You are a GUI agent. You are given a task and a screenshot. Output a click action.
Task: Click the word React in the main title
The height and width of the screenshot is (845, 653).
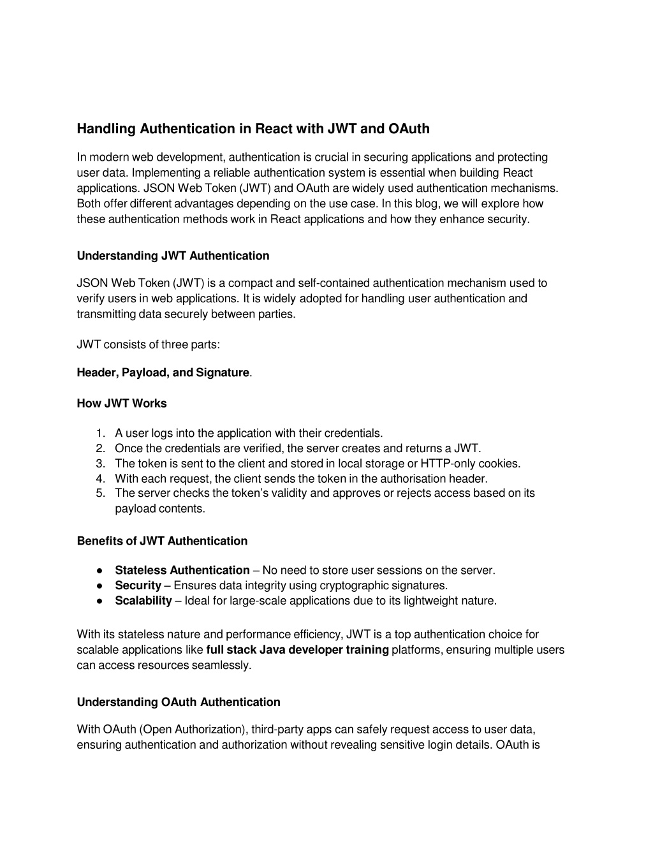pos(274,129)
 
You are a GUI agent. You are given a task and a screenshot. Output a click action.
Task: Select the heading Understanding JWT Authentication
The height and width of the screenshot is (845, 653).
pos(173,256)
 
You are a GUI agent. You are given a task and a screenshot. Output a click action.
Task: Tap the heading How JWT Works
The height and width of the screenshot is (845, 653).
pos(121,403)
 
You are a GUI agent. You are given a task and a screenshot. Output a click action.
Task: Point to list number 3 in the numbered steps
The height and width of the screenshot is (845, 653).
pos(100,464)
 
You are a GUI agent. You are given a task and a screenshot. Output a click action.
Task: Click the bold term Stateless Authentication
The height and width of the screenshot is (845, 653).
pos(182,570)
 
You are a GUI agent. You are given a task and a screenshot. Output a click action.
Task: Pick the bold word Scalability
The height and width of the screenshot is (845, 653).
pos(143,601)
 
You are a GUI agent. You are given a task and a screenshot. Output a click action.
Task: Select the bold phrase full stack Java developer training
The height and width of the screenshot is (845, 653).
pos(297,650)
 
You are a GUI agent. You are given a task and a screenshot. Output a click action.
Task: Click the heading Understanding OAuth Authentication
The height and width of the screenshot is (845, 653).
pos(179,702)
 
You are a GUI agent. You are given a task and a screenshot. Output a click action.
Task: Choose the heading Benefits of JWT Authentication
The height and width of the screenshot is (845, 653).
pos(162,541)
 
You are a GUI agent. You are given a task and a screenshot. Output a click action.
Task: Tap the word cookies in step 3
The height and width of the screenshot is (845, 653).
pos(499,464)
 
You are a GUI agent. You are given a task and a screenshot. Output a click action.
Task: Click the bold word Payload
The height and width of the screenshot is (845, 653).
pos(142,372)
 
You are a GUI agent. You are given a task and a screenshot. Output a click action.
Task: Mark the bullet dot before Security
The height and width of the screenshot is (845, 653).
pos(101,585)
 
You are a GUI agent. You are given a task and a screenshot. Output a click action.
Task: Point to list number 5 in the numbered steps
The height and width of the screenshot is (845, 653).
pos(100,493)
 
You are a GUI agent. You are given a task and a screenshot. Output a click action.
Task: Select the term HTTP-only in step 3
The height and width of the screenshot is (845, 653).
pos(448,464)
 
